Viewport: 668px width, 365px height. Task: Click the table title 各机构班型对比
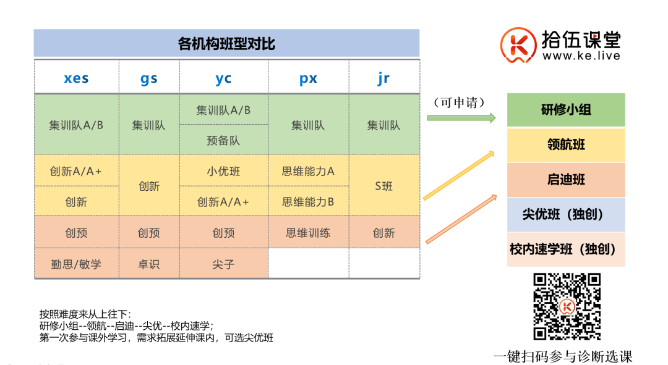coord(226,44)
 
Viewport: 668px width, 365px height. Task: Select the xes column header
coord(76,78)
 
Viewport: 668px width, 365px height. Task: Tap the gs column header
coord(149,78)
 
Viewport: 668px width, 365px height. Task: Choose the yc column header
coord(223,78)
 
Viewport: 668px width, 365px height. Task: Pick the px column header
coord(308,78)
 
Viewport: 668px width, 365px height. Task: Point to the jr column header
coord(383,78)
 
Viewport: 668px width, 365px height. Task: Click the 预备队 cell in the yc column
coord(223,140)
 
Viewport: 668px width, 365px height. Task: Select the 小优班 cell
coord(223,171)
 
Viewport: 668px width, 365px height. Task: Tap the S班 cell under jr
coord(383,186)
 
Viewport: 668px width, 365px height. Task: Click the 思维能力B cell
coord(308,201)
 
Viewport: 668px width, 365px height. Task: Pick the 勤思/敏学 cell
coord(76,264)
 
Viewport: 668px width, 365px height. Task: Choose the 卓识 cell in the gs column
coord(149,264)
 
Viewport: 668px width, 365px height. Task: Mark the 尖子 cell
coord(223,264)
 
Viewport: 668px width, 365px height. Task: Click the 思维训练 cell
coord(308,233)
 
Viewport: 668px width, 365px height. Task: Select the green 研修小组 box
coord(566,110)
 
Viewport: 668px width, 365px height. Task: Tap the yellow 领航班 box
coord(566,145)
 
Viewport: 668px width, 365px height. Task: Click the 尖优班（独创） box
coord(566,214)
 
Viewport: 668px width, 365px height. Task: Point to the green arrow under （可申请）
coord(461,117)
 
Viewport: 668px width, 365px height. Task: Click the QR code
coord(567,307)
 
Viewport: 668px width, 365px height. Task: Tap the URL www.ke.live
coord(581,56)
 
